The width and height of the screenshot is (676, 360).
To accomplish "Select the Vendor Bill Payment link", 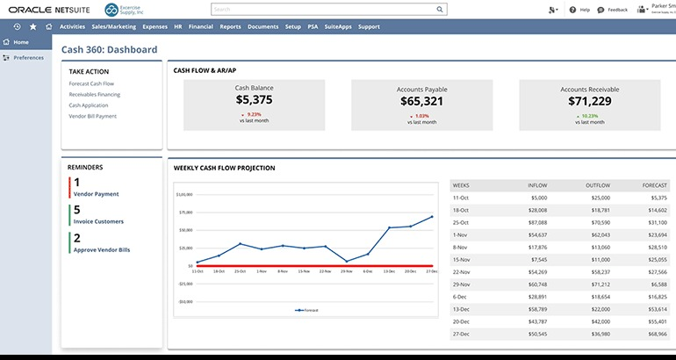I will (x=92, y=116).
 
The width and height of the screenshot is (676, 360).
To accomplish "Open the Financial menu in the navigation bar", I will (x=201, y=27).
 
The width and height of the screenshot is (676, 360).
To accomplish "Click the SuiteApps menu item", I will (x=338, y=27).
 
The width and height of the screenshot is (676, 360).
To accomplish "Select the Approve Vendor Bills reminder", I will (x=101, y=250).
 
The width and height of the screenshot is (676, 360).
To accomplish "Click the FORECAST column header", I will (x=655, y=185).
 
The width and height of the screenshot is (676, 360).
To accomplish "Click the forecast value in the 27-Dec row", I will (x=655, y=335).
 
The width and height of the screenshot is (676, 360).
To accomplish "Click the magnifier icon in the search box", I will (x=440, y=11).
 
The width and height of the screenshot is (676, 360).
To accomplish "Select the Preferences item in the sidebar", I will (x=28, y=57).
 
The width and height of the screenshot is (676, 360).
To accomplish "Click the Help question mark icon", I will (x=572, y=10).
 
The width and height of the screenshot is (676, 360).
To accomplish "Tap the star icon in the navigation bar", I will (x=32, y=27).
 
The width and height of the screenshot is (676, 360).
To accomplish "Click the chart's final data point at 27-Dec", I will (x=432, y=216).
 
